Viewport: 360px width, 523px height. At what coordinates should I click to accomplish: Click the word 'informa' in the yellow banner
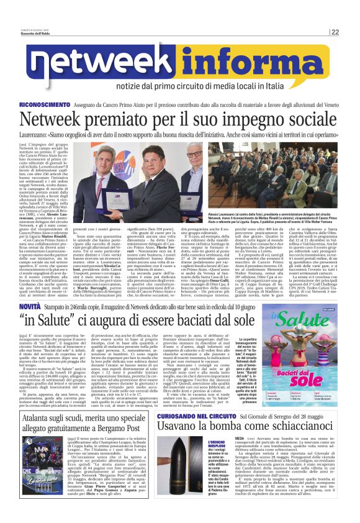click(x=246, y=65)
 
